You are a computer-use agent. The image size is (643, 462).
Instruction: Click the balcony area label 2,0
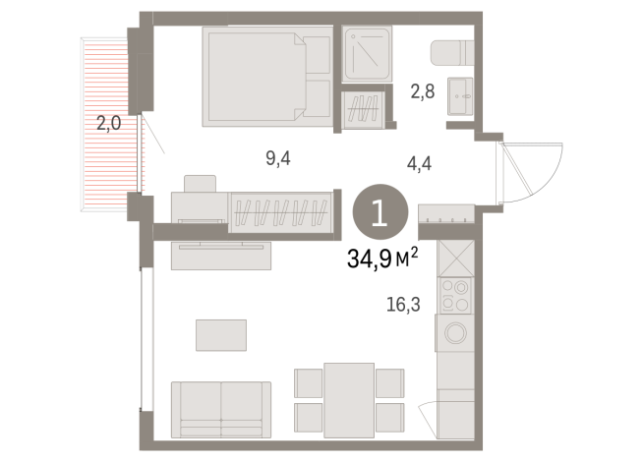108,124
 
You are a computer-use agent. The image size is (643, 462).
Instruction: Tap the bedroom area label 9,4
279,157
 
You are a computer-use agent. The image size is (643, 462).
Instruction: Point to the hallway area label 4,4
421,164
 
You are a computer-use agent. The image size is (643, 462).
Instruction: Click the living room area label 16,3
403,304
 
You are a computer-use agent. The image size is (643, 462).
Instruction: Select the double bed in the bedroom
267,77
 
